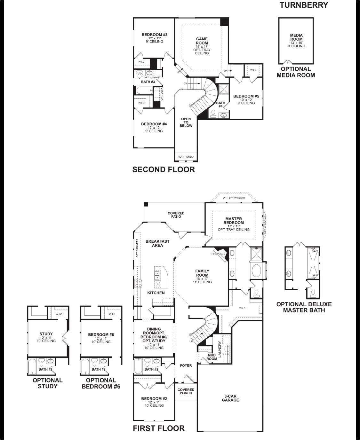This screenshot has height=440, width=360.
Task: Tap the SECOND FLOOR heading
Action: tap(164, 169)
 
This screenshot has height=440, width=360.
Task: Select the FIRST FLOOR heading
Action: tap(159, 428)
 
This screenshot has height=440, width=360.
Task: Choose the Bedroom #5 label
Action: tap(246, 96)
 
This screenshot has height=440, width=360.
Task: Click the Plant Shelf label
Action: tap(186, 157)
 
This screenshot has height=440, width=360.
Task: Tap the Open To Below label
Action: tap(186, 122)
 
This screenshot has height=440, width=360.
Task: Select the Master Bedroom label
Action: tap(234, 221)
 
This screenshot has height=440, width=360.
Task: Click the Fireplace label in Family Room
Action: tap(219, 254)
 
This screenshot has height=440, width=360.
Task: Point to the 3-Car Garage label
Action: tap(230, 398)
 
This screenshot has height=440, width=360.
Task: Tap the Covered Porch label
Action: tap(186, 391)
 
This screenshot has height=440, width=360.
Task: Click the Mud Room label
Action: tap(212, 357)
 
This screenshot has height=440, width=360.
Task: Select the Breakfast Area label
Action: tap(157, 243)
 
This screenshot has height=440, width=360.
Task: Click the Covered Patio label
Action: tap(176, 215)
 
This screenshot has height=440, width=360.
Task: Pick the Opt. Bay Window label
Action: tap(234, 198)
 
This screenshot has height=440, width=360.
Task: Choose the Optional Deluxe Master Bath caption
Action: tap(304, 307)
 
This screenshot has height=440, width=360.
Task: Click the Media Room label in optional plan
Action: tap(296, 37)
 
